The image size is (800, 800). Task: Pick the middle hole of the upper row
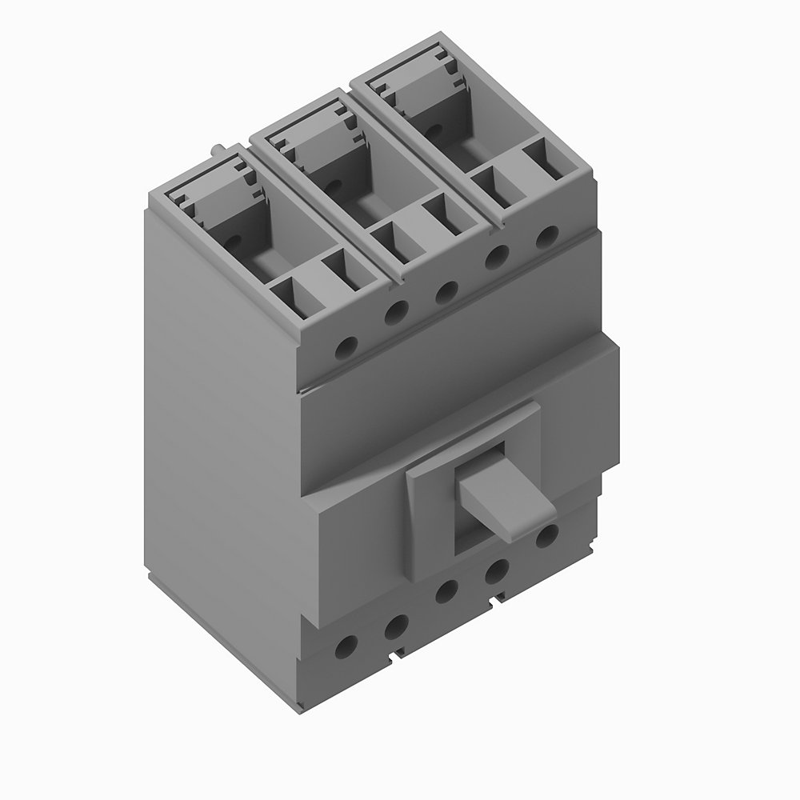(x=446, y=292)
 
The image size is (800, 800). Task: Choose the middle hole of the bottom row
(x=446, y=592)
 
